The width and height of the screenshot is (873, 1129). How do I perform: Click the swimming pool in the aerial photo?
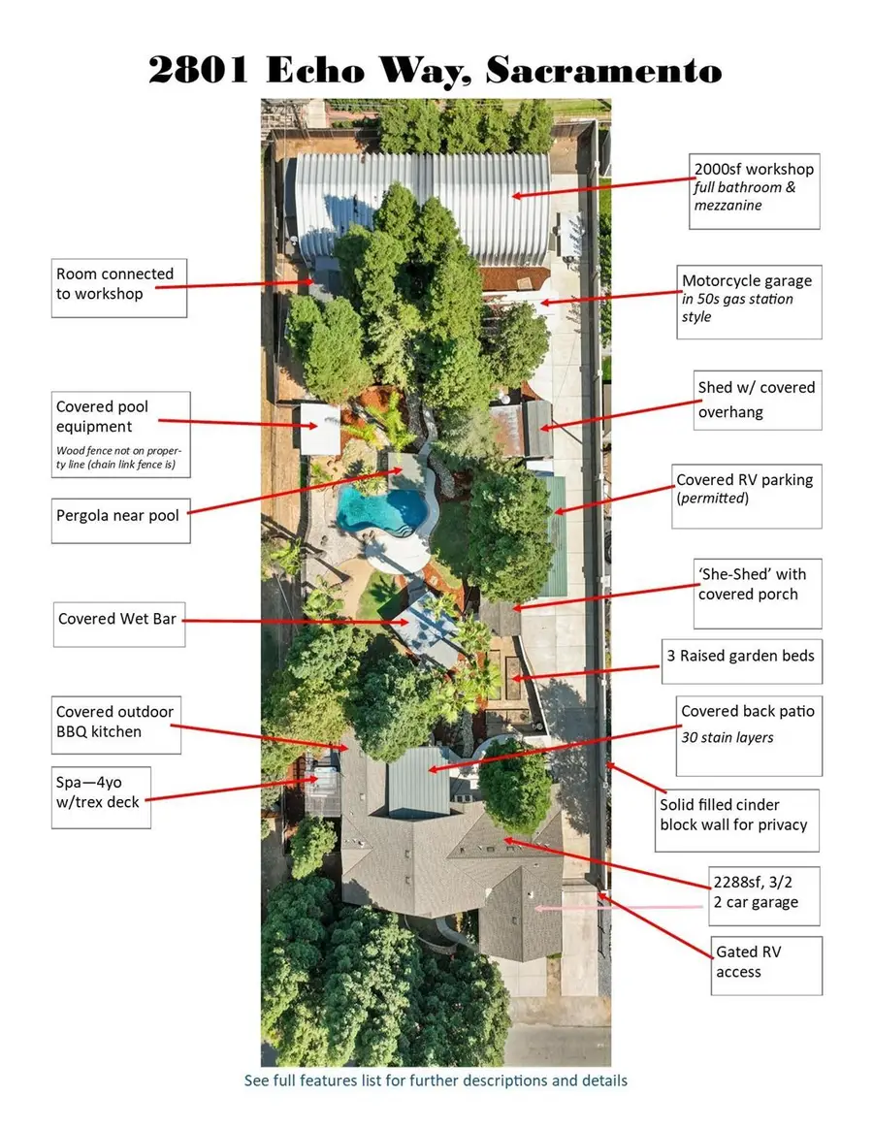point(382,508)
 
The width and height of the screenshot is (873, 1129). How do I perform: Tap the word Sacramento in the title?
point(603,71)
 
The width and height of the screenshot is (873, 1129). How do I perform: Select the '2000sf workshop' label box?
point(754,191)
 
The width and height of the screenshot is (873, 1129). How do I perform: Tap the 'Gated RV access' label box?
point(765,965)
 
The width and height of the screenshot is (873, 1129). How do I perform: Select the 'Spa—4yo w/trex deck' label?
point(101,797)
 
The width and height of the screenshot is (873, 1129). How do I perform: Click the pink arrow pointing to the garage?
point(619,908)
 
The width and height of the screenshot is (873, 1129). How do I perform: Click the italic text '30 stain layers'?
point(727,737)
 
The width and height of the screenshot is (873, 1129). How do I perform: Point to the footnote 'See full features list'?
point(436,1081)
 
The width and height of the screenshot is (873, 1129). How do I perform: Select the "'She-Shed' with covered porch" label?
point(757,594)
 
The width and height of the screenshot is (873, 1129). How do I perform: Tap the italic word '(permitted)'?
point(712,499)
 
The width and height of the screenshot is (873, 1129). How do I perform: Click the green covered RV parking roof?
point(556,536)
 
